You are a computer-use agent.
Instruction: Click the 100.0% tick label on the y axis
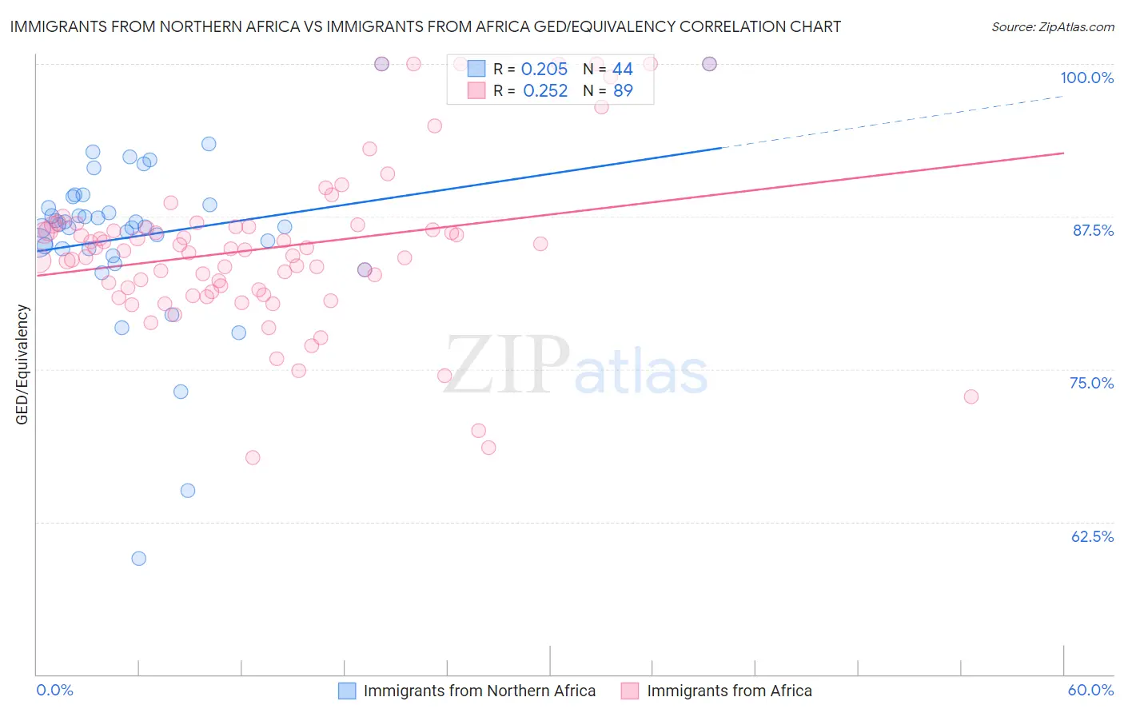[1086, 78]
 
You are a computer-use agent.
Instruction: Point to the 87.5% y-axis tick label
[1093, 230]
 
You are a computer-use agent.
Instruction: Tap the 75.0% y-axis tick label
[1091, 383]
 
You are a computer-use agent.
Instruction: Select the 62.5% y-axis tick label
[1092, 536]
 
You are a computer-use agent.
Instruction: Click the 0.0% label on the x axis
[54, 690]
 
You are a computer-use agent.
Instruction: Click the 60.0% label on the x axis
[1090, 690]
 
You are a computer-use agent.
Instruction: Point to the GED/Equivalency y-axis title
[22, 364]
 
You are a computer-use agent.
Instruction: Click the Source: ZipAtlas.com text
[1052, 26]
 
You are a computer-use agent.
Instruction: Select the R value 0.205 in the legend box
[544, 70]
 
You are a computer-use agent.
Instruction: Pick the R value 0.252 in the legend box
[544, 91]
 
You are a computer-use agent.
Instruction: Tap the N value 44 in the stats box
[622, 70]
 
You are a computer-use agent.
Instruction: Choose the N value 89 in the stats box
[622, 91]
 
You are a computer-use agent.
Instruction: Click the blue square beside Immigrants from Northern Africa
[347, 691]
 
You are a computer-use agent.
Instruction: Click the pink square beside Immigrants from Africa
[630, 691]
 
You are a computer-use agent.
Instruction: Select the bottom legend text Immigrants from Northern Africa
[479, 691]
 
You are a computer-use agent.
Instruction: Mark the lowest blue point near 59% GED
[139, 559]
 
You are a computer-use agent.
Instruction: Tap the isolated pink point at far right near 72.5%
[971, 396]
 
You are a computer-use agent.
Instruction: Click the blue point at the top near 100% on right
[709, 64]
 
